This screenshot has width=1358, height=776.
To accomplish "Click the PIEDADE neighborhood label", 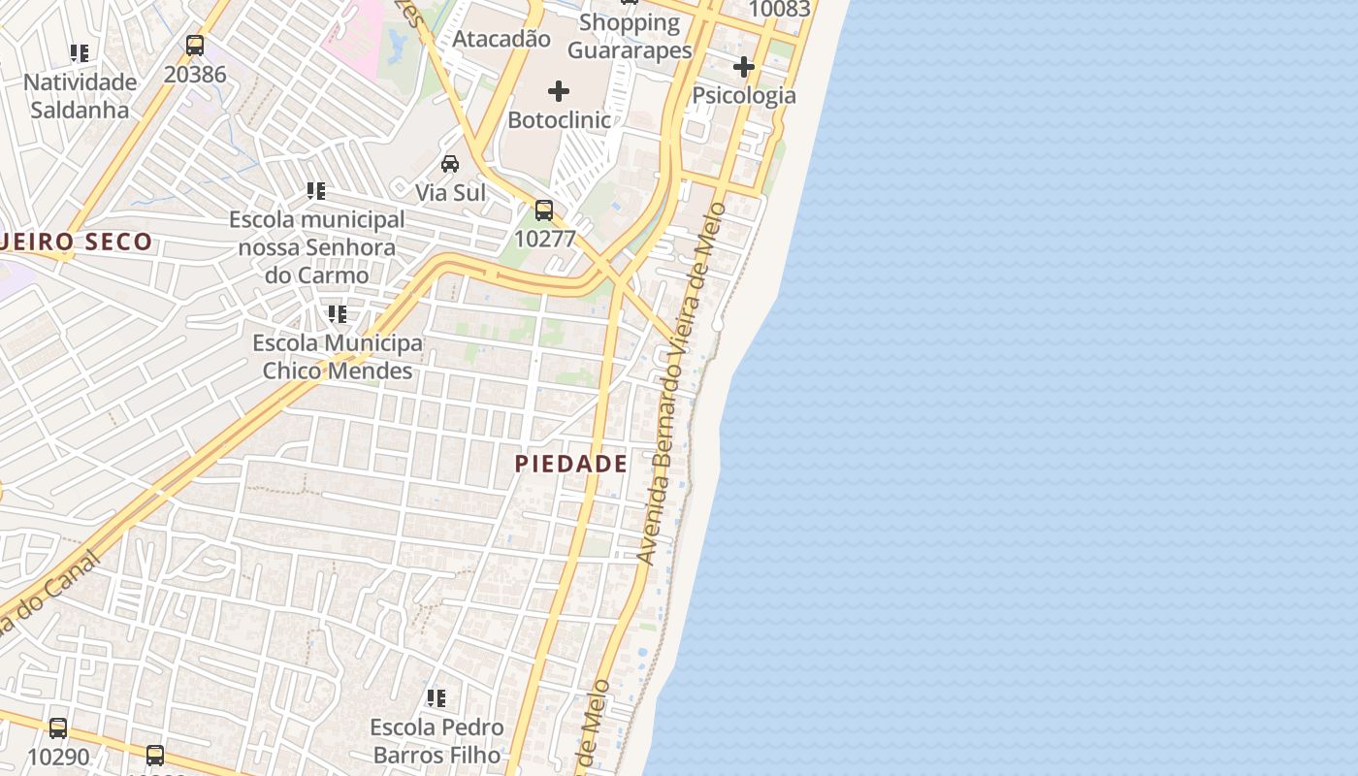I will (x=570, y=464).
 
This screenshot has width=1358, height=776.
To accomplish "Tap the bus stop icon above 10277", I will (x=544, y=210).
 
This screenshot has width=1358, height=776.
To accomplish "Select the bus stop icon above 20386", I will (x=195, y=45).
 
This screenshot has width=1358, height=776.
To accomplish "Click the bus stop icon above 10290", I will (x=58, y=727).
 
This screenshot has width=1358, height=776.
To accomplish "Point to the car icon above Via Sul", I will (x=450, y=163).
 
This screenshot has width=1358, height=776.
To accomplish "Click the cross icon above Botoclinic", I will (x=559, y=91).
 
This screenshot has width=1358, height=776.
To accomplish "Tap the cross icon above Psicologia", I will (x=744, y=67).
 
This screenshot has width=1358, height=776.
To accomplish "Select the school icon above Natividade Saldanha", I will (x=80, y=52).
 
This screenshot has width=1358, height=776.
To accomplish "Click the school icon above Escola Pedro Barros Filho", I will (x=436, y=697).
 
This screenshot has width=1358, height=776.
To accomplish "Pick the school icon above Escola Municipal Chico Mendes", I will (x=338, y=313).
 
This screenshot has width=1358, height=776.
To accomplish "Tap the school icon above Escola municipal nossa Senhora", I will (x=316, y=190).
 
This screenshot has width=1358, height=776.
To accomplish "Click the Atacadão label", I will (x=501, y=39).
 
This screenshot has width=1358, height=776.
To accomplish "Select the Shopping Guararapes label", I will (x=630, y=36).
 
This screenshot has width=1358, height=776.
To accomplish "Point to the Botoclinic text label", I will (x=560, y=120).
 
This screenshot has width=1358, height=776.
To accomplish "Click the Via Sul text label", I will (x=450, y=192).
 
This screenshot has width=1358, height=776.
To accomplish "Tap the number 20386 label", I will (x=195, y=74).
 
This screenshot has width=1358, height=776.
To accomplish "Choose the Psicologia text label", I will (x=744, y=95).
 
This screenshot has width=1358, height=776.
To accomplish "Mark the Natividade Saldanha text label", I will (x=80, y=95).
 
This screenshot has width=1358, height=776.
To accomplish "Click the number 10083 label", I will (x=780, y=10).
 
